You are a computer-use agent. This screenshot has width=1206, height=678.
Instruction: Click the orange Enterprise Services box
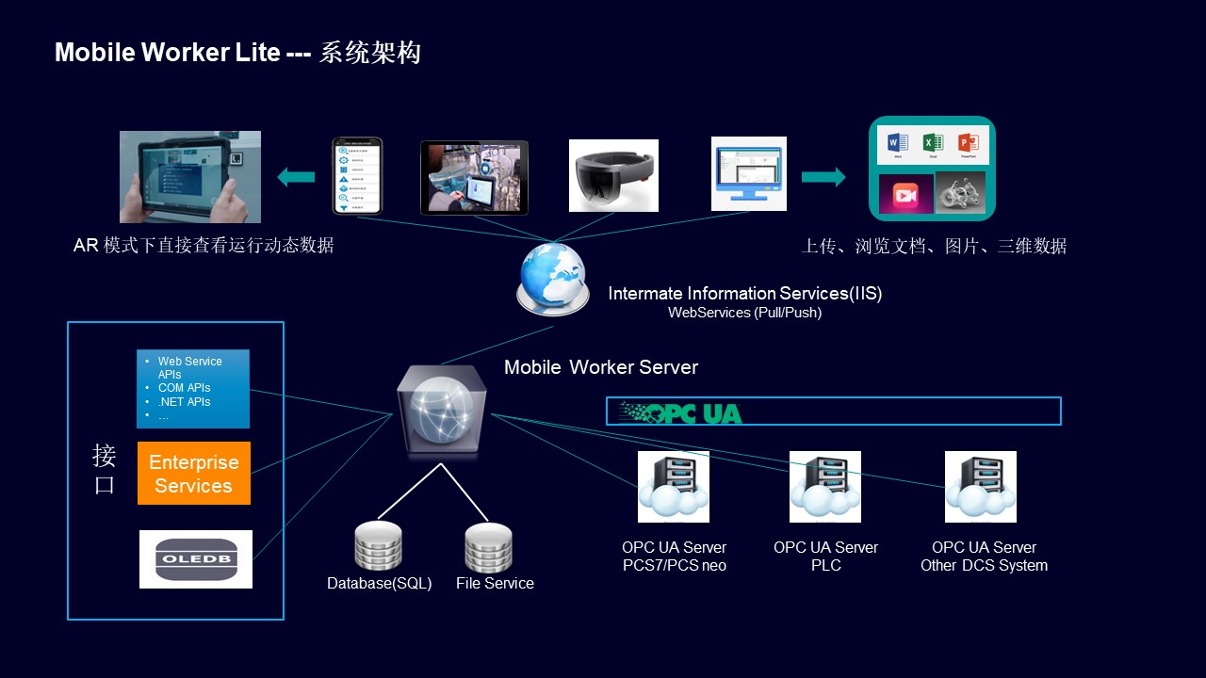click(x=194, y=474)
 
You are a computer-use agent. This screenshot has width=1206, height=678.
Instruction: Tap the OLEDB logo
click(x=196, y=559)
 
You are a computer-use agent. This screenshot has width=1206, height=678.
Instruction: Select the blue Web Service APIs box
click(x=193, y=389)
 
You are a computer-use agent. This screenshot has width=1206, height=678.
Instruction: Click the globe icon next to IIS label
click(x=553, y=279)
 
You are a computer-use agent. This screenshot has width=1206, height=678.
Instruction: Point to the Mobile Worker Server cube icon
click(x=441, y=412)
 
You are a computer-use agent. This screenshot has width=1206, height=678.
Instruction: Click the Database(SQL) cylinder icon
click(x=378, y=547)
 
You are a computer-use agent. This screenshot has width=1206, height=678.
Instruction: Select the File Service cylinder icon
click(x=488, y=547)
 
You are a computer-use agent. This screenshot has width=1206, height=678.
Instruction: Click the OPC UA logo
click(x=680, y=412)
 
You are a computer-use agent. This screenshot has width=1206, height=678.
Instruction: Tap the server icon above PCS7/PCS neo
click(x=673, y=487)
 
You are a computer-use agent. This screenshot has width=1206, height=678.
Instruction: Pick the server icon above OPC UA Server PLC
click(x=825, y=487)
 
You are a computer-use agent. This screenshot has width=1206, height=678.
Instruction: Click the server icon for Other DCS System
click(x=981, y=487)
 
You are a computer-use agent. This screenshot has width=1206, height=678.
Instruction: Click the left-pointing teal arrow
click(x=296, y=177)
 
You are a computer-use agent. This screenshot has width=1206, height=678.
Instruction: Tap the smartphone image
click(x=357, y=176)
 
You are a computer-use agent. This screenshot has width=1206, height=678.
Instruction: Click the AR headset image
click(x=613, y=176)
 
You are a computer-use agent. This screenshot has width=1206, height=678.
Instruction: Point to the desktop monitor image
click(x=748, y=173)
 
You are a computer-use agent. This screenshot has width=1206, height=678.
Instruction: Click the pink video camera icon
click(x=905, y=194)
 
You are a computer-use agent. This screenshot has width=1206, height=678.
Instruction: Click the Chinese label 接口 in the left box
click(x=105, y=470)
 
